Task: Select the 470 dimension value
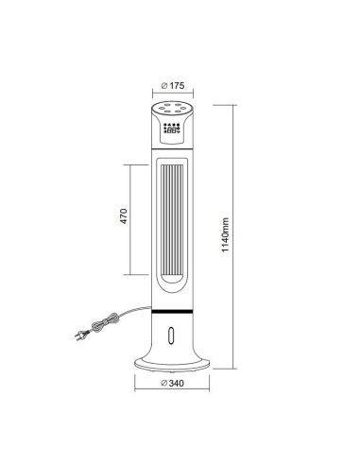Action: [124, 217]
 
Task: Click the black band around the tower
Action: [171, 311]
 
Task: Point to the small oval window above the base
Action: [171, 334]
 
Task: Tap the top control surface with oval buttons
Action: [171, 110]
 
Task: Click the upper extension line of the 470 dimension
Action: [137, 164]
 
